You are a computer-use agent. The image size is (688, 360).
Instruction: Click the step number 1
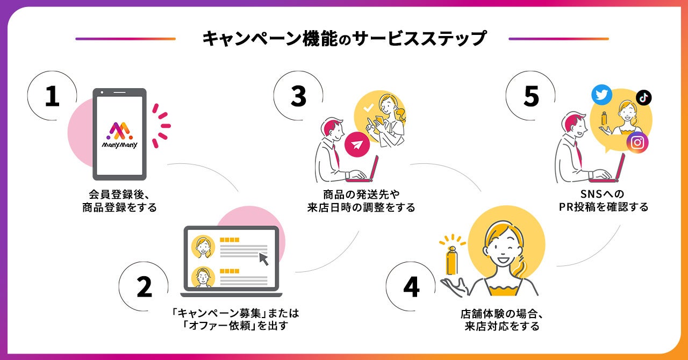click(52, 97)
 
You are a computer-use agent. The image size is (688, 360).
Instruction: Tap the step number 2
click(144, 287)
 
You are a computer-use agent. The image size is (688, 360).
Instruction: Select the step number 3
click(298, 97)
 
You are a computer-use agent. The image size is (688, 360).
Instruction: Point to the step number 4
click(411, 287)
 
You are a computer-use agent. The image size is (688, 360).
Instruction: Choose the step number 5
click(531, 97)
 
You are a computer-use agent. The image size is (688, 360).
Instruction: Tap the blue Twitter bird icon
click(601, 95)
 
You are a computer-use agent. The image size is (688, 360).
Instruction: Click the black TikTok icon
click(643, 97)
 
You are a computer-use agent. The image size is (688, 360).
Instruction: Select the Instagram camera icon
click(637, 142)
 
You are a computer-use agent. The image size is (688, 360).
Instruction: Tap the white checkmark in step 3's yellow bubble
click(368, 108)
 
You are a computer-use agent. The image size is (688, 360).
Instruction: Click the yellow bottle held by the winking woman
click(451, 259)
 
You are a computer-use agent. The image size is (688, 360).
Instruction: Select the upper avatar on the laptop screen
click(203, 247)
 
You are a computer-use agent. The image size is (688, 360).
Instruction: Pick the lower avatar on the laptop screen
click(203, 277)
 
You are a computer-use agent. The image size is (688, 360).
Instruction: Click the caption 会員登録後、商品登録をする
click(119, 200)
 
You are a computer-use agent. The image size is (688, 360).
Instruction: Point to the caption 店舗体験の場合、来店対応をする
click(501, 319)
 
